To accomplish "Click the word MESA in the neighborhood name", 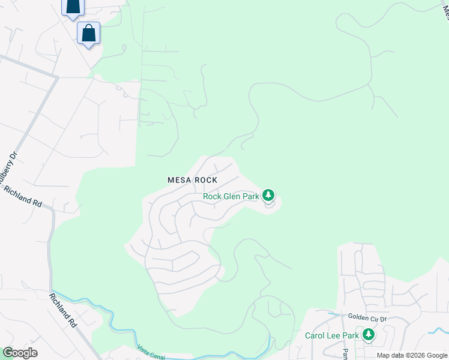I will coord(179,180).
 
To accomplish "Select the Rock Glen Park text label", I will coord(231,196).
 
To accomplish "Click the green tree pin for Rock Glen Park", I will coord(269,196).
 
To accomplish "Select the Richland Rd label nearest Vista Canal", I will coord(62,310).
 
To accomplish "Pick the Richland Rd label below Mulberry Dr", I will coord(23,197).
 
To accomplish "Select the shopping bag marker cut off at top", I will coord(73,6).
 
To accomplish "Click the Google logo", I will coord(20,353).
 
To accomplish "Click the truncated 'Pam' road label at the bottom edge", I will coord(345,355).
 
